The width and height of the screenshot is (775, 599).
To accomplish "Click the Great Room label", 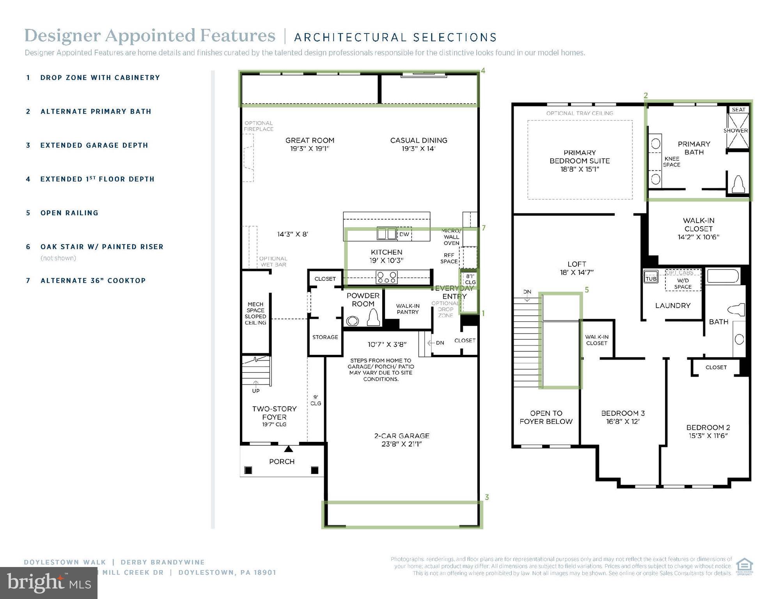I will (310, 144).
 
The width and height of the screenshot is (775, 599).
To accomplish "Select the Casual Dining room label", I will (419, 144).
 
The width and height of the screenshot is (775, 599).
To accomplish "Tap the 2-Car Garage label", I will (402, 440).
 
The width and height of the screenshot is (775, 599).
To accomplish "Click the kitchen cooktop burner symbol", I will (387, 277).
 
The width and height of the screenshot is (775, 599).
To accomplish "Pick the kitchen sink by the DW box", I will (386, 234).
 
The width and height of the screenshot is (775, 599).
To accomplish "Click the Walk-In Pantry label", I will (408, 309).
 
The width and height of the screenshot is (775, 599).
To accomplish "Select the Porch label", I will (282, 462).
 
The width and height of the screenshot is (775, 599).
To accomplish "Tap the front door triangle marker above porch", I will (288, 449).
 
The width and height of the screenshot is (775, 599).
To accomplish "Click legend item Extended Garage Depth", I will (94, 145).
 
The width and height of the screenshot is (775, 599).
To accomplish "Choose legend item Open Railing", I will (69, 213).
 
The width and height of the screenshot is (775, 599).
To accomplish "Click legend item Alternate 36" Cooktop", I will (93, 281).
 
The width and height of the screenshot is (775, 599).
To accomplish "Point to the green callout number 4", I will (483, 71).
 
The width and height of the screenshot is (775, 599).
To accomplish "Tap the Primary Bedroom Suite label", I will (580, 161).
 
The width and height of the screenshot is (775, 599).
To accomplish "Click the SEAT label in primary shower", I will (738, 110).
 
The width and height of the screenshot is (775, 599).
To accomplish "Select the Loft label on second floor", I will (577, 268).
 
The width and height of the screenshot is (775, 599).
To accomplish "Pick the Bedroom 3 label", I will (623, 417).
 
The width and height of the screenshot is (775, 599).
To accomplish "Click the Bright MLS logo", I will (48, 583).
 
